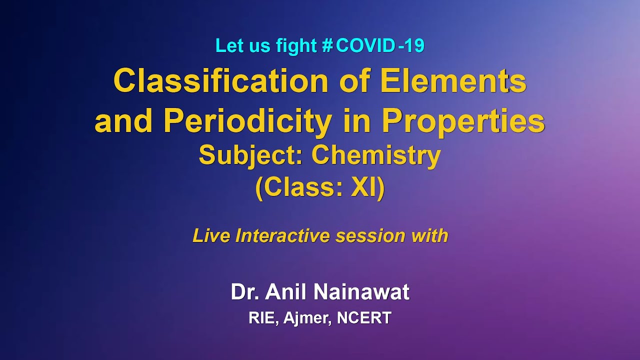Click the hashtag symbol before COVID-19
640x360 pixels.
click(327, 46)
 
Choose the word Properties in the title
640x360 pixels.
click(463, 121)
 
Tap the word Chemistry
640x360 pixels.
click(376, 155)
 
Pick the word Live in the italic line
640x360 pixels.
click(211, 235)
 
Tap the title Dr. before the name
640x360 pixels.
click(244, 292)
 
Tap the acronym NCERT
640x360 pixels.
click(364, 318)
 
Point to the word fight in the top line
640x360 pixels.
click(296, 46)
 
